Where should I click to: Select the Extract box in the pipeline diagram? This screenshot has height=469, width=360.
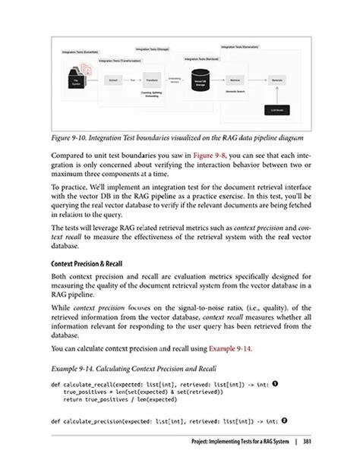113,79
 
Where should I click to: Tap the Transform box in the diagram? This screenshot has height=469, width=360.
151,79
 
